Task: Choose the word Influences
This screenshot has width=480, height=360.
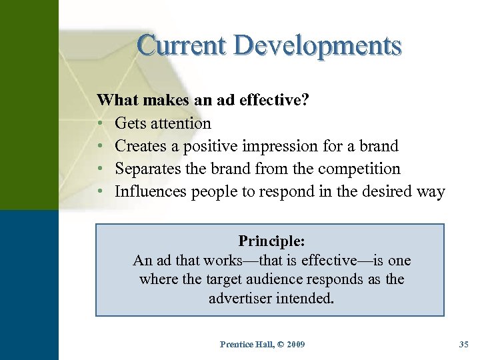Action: [x=151, y=192]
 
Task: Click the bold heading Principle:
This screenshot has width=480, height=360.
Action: [x=271, y=240]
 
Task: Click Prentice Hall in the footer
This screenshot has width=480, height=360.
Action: [x=245, y=345]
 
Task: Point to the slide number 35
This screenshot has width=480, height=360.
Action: [x=464, y=345]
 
